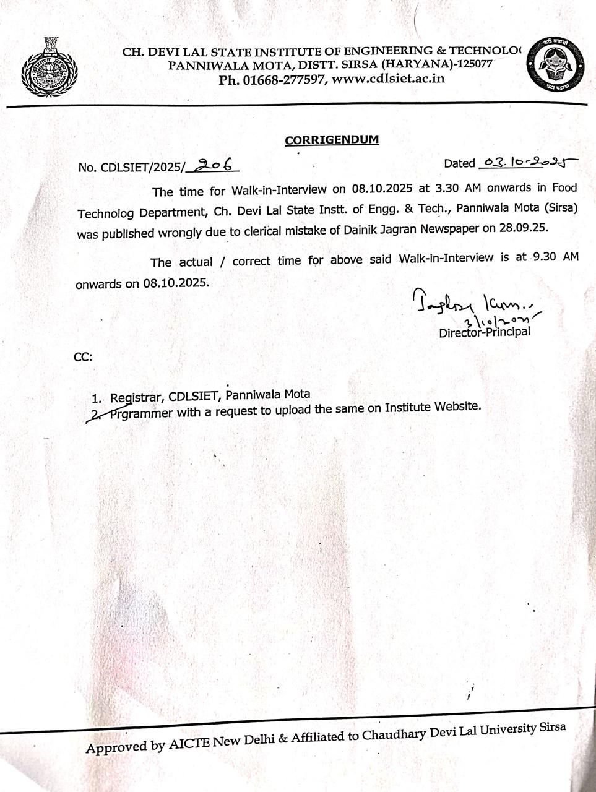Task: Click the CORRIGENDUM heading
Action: [x=332, y=139]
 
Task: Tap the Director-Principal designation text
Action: [x=484, y=332]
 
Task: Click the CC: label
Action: [x=83, y=357]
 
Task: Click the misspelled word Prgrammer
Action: [x=142, y=413]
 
